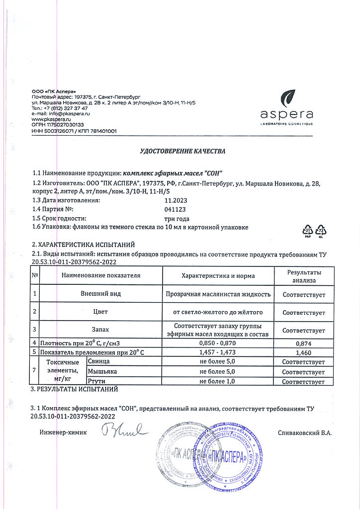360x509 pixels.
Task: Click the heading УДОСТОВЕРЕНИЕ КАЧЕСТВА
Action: (x=182, y=151)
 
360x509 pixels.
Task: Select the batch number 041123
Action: (x=175, y=209)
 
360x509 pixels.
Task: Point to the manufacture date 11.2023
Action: (x=176, y=200)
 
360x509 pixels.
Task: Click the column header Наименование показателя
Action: (x=101, y=275)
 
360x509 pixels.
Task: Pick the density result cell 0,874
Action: (x=303, y=342)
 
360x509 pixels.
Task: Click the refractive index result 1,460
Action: (x=303, y=352)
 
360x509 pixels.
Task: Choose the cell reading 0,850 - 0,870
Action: (x=218, y=342)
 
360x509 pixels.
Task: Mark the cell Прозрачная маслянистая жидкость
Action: (x=218, y=294)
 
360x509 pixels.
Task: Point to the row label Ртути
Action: (x=96, y=381)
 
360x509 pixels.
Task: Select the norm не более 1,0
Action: (x=218, y=381)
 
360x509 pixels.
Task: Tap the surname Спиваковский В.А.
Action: (x=304, y=432)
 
